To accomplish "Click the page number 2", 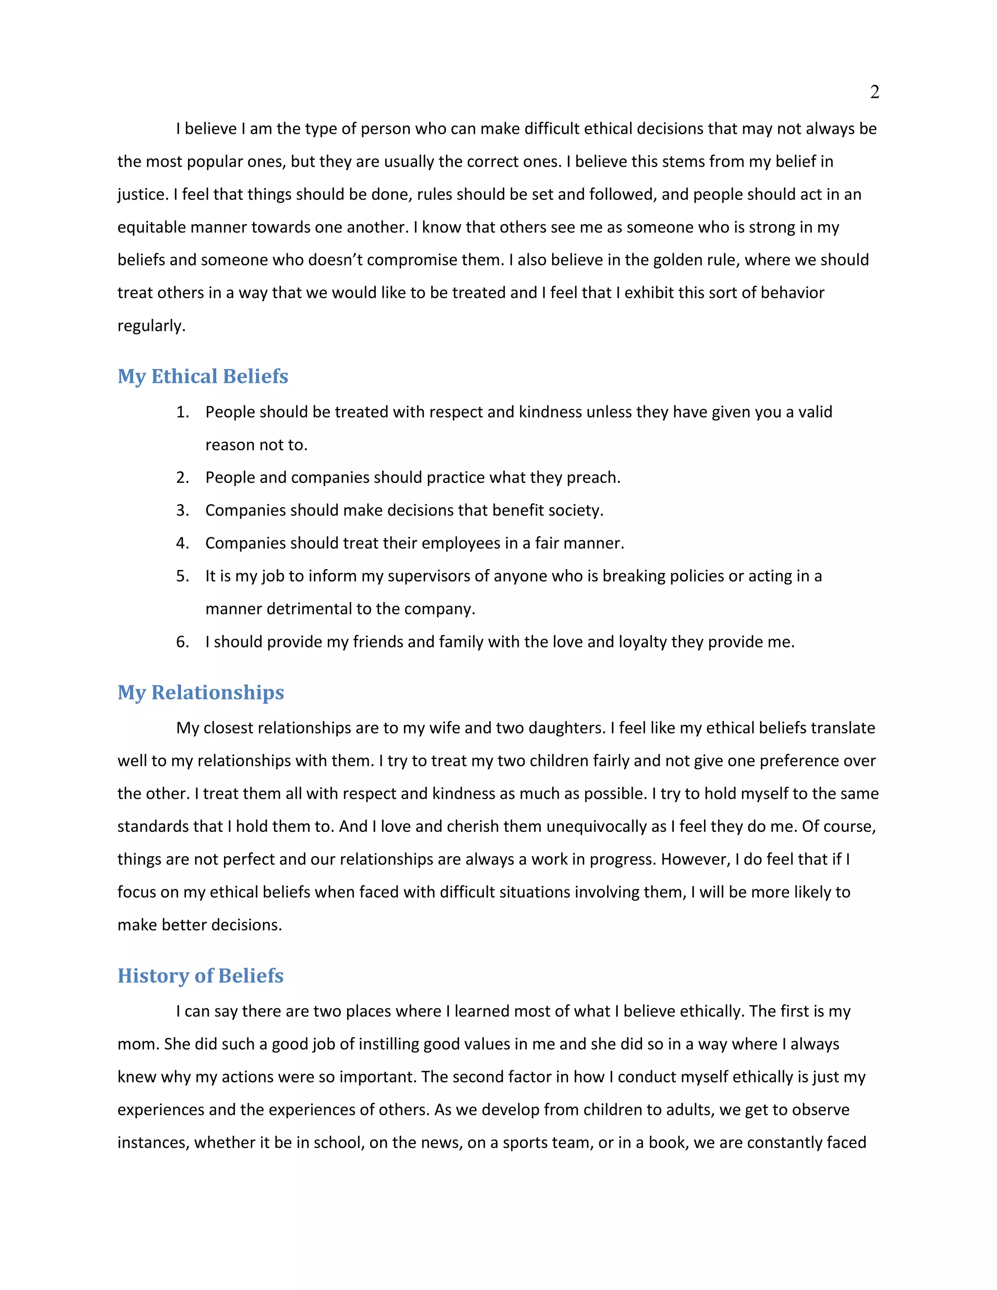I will (874, 92).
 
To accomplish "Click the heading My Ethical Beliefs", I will (203, 376).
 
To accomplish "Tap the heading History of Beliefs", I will (200, 976).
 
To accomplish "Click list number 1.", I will (182, 412).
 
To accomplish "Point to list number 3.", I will (182, 510).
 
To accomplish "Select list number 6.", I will (182, 642).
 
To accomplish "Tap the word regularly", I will (151, 326).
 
